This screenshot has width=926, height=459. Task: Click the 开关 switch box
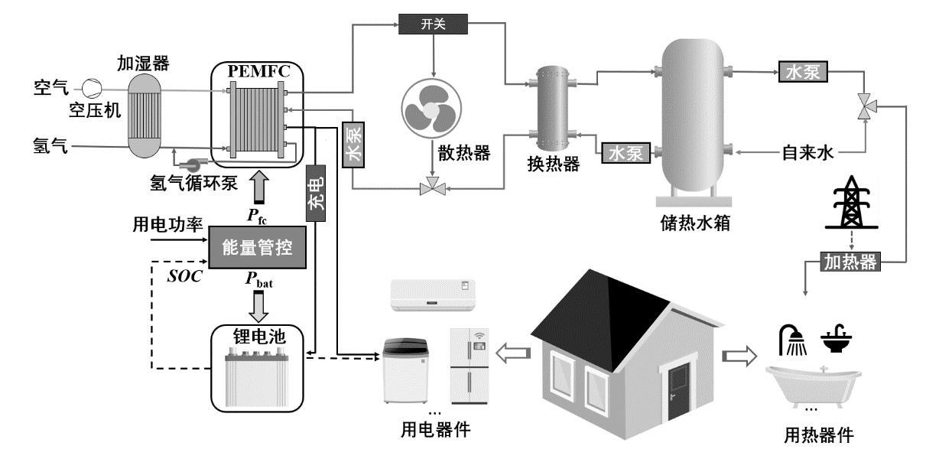(432, 24)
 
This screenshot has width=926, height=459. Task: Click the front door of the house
(679, 390)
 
